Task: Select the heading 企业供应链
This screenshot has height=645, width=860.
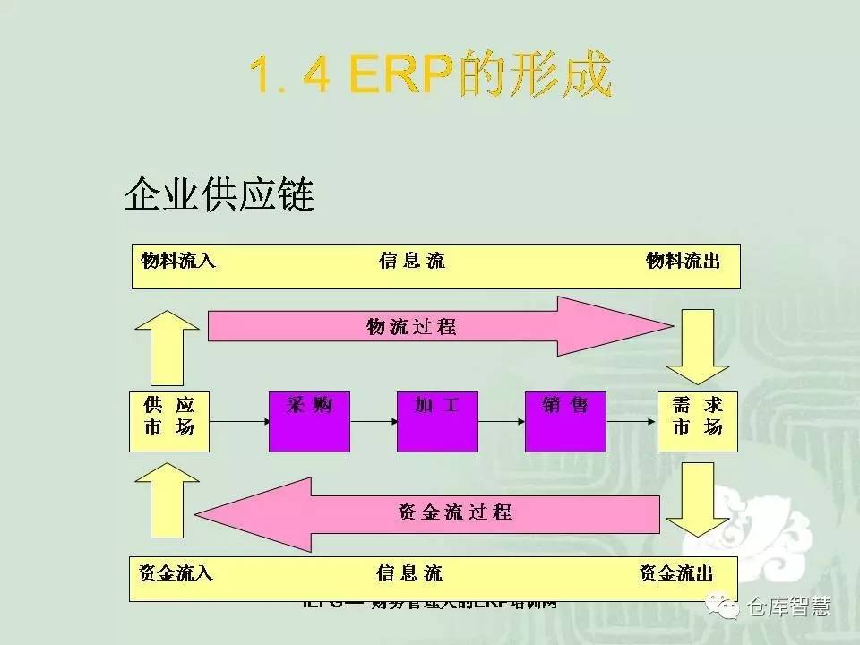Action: tap(219, 194)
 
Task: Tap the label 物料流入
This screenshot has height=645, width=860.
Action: tap(178, 261)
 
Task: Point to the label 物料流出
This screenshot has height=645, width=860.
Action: tap(683, 261)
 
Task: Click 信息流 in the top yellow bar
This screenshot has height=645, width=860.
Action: tap(411, 261)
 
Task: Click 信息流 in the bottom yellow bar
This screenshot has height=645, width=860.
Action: tap(409, 572)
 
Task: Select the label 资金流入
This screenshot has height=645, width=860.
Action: tap(176, 572)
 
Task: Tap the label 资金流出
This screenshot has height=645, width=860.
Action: tap(676, 572)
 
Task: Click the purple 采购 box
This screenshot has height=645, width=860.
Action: tap(309, 420)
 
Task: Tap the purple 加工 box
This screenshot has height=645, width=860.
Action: tap(437, 420)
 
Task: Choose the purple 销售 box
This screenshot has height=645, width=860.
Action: tap(565, 420)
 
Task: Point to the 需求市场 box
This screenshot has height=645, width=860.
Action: tap(697, 420)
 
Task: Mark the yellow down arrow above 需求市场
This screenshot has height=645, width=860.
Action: tap(698, 346)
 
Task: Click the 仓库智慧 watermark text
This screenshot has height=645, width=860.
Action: tap(788, 606)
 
